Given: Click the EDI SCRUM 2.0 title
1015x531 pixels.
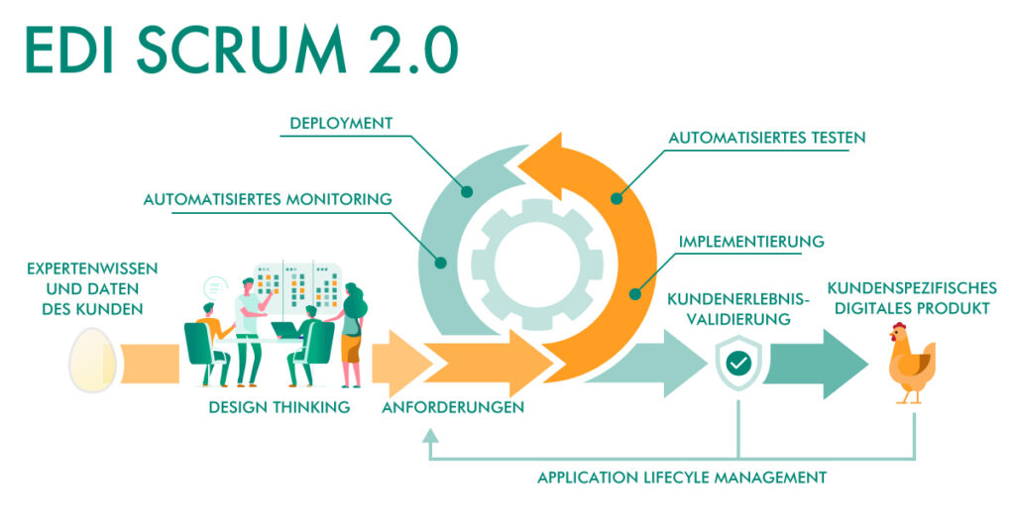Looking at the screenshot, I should click(x=241, y=50).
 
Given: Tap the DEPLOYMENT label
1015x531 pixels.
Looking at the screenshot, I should click(x=341, y=124).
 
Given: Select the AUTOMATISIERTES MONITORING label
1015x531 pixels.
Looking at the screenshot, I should click(x=268, y=199).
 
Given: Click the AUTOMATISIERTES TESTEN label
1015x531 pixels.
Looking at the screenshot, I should click(x=767, y=139).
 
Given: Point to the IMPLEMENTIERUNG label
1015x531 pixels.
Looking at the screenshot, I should click(x=752, y=241).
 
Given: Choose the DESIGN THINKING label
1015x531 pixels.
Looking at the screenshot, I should click(x=280, y=407).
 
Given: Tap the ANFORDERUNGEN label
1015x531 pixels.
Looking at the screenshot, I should click(x=453, y=407).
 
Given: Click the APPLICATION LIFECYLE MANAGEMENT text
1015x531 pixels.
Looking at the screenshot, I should click(x=682, y=478).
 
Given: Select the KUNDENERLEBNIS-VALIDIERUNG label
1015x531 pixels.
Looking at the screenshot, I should click(x=738, y=308).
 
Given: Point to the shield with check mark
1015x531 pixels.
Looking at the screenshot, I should click(x=738, y=363).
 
